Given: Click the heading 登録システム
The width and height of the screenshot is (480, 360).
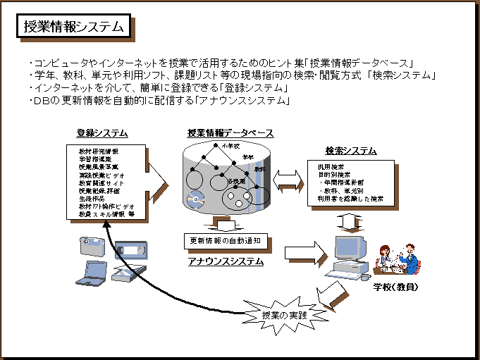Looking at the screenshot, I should click(102, 133).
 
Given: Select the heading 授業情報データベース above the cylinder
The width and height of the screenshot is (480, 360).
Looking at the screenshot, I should click(230, 133).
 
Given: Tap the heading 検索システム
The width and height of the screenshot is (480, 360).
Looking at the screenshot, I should click(350, 151).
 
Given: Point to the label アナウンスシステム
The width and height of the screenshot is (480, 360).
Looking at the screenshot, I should click(226, 261).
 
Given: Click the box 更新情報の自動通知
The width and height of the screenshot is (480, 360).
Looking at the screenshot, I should click(226, 241).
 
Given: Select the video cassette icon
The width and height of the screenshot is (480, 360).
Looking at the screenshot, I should click(133, 250).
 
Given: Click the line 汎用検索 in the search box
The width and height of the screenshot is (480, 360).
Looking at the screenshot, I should click(327, 167).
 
